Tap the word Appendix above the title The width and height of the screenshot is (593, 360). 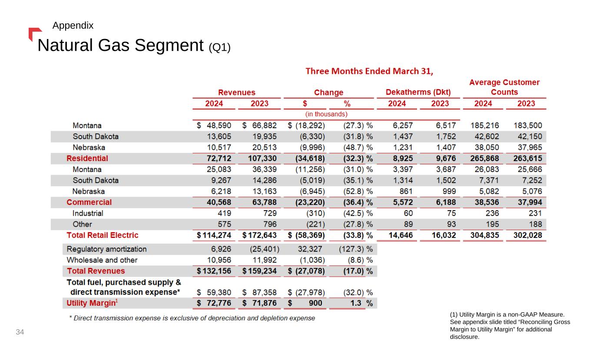click(x=73, y=26)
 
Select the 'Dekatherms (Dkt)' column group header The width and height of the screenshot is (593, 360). click(x=418, y=92)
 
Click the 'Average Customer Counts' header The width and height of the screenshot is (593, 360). click(x=504, y=87)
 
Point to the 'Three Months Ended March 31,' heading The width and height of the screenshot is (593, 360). click(x=370, y=71)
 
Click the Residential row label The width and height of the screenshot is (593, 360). click(x=87, y=158)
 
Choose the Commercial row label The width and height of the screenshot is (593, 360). click(x=89, y=202)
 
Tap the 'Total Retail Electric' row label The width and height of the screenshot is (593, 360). click(x=102, y=235)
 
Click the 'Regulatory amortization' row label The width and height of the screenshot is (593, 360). click(x=106, y=249)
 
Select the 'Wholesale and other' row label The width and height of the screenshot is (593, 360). click(x=102, y=260)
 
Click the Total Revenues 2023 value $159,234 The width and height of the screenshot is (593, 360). click(x=259, y=271)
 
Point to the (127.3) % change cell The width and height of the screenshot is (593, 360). click(x=355, y=249)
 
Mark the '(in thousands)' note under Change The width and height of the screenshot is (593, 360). click(x=326, y=114)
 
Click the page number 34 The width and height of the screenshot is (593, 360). click(x=20, y=332)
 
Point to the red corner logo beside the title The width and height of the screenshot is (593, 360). click(x=34, y=33)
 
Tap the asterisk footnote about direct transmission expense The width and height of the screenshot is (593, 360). click(x=192, y=318)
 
